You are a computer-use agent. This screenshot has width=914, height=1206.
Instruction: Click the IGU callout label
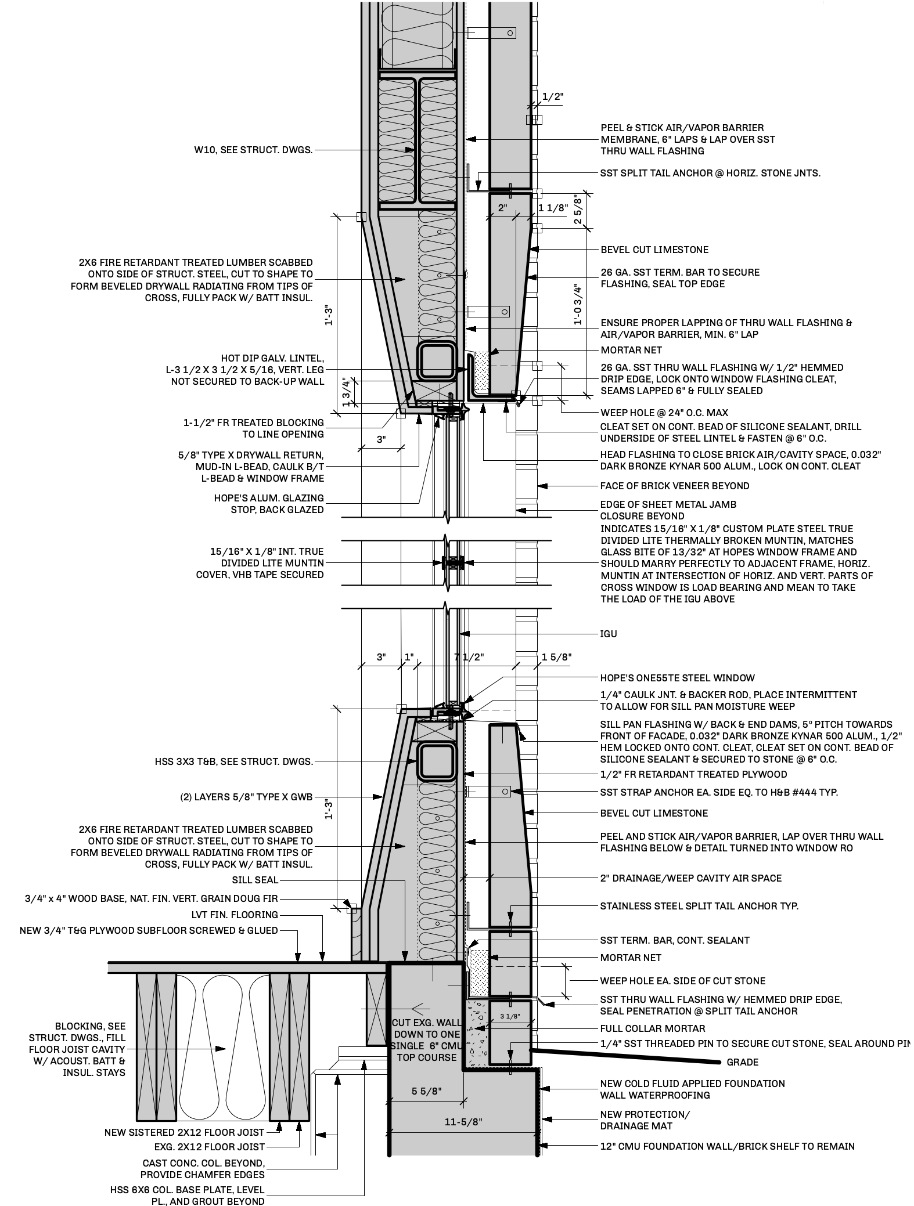608,634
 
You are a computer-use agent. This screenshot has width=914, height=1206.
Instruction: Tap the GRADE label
742,1063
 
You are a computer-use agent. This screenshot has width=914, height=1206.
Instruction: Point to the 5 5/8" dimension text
427,1092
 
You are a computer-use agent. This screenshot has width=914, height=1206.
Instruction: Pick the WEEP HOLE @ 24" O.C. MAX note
664,413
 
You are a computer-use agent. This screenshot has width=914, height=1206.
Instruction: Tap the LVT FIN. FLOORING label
235,915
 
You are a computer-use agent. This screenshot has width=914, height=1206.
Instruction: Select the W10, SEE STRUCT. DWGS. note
253,150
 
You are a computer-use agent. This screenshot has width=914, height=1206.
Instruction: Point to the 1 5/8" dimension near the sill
556,658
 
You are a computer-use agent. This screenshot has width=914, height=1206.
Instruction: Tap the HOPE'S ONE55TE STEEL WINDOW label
677,678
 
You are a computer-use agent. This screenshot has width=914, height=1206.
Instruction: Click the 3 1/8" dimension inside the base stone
509,1016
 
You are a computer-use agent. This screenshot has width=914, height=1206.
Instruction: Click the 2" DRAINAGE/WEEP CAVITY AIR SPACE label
690,878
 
